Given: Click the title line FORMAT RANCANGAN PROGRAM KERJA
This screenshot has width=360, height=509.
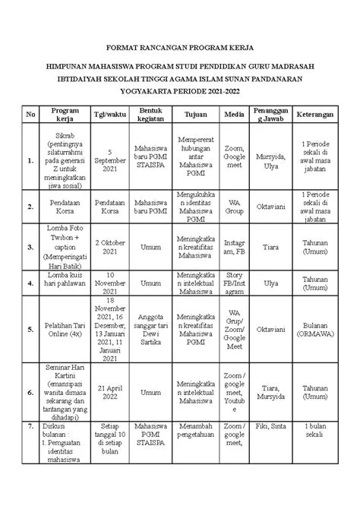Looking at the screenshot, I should click(179, 46).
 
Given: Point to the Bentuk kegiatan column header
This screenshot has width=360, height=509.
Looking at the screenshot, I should click(152, 114).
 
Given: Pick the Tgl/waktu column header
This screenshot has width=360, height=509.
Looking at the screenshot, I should click(109, 114).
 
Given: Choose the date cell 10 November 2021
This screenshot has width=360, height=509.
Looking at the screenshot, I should click(109, 281).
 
